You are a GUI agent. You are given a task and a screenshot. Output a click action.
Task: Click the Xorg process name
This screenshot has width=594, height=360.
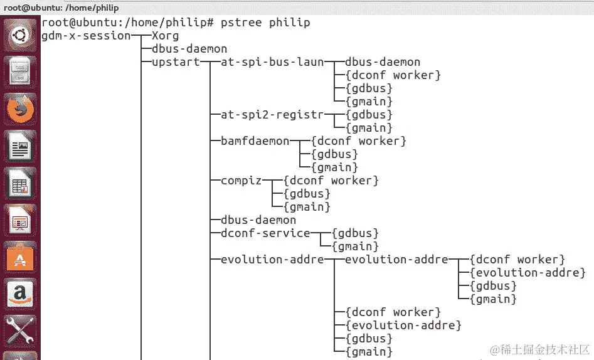165,36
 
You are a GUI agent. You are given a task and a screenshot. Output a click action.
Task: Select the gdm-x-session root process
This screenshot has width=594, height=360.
86,36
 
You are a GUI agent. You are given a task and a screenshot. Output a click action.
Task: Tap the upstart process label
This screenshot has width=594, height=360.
176,62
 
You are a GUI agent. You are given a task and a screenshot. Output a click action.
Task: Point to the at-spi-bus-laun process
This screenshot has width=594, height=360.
272,62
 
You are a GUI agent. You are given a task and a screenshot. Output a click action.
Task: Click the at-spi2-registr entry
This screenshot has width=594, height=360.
272,115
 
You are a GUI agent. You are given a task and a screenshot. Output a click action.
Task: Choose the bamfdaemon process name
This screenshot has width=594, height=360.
255,141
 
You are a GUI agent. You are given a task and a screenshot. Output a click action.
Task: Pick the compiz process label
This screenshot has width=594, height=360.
241,181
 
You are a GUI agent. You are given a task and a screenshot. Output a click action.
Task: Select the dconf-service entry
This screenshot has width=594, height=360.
265,233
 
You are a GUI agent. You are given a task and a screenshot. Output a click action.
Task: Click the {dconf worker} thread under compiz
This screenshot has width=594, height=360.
331,181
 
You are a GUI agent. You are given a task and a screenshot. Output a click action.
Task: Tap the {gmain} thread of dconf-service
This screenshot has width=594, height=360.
356,246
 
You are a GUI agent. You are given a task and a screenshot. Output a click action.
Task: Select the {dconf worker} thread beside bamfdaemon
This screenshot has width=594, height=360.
359,141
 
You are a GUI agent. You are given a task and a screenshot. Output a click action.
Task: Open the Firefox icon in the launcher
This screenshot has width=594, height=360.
21,109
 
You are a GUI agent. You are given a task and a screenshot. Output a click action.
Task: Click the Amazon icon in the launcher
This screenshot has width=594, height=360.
21,294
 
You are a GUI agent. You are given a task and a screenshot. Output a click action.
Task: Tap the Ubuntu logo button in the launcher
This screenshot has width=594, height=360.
21,35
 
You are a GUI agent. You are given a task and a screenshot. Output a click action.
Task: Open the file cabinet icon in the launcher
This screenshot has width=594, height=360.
21,72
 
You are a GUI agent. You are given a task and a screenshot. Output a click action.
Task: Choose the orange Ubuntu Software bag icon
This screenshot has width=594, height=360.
21,257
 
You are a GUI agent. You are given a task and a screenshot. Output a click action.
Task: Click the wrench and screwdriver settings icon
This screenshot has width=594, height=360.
21,330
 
